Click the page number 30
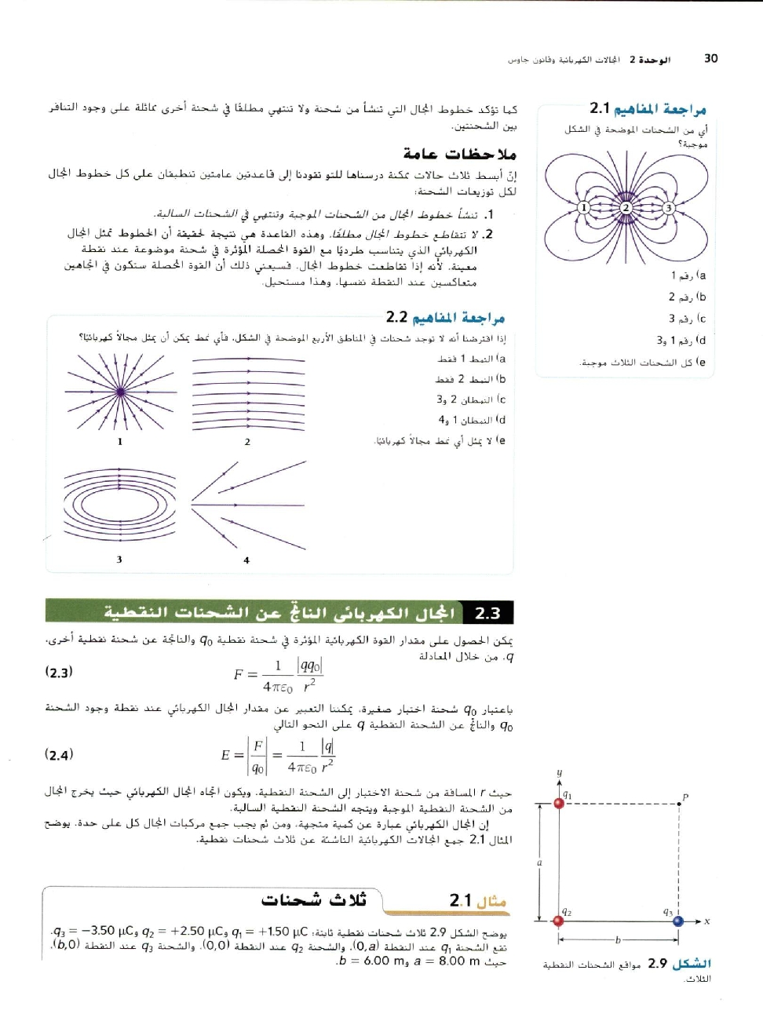[710, 58]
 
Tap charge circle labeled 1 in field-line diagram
[583, 208]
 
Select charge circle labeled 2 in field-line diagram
[626, 208]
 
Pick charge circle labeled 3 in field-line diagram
[668, 208]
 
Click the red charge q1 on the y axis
[559, 803]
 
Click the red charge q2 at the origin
[559, 921]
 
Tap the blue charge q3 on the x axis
[678, 921]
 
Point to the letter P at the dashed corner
[685, 797]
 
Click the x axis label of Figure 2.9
[706, 921]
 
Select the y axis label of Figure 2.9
[559, 773]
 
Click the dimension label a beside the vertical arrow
[539, 863]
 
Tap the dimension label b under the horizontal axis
[618, 939]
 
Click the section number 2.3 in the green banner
[487, 613]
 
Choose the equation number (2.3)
[59, 672]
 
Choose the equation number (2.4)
[59, 755]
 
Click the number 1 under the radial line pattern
[120, 442]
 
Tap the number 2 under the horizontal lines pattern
[247, 442]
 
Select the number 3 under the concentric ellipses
[119, 560]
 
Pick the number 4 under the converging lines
[246, 560]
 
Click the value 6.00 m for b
[383, 961]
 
